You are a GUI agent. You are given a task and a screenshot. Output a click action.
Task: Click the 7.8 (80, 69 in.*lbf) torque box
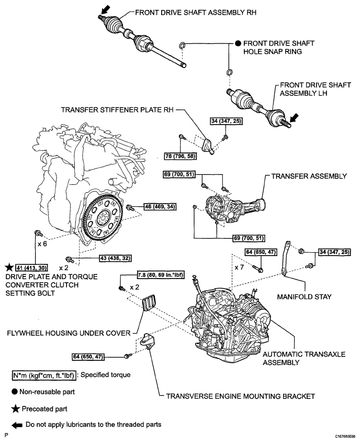[x=161, y=274]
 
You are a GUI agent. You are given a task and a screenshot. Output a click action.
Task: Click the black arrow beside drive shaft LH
[x=294, y=117]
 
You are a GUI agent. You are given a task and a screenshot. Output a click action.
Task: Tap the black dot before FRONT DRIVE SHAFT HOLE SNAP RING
[x=238, y=43]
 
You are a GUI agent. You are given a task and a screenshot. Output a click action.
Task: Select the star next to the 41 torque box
[x=9, y=267]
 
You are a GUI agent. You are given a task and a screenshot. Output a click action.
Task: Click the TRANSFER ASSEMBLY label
[x=309, y=176]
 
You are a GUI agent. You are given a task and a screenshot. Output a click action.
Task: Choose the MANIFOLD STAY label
[x=304, y=297]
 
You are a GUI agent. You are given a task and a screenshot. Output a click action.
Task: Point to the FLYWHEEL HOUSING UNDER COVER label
[x=69, y=334]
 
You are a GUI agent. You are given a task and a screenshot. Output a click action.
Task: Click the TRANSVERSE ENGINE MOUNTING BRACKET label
[x=240, y=396]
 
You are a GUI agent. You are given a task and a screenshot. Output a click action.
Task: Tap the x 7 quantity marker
[x=239, y=267]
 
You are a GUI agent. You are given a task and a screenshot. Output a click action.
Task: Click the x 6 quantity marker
[x=42, y=243]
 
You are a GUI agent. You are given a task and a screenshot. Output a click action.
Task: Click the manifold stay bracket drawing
[x=285, y=258]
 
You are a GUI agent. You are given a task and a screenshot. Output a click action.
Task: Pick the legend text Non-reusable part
[x=47, y=392]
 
